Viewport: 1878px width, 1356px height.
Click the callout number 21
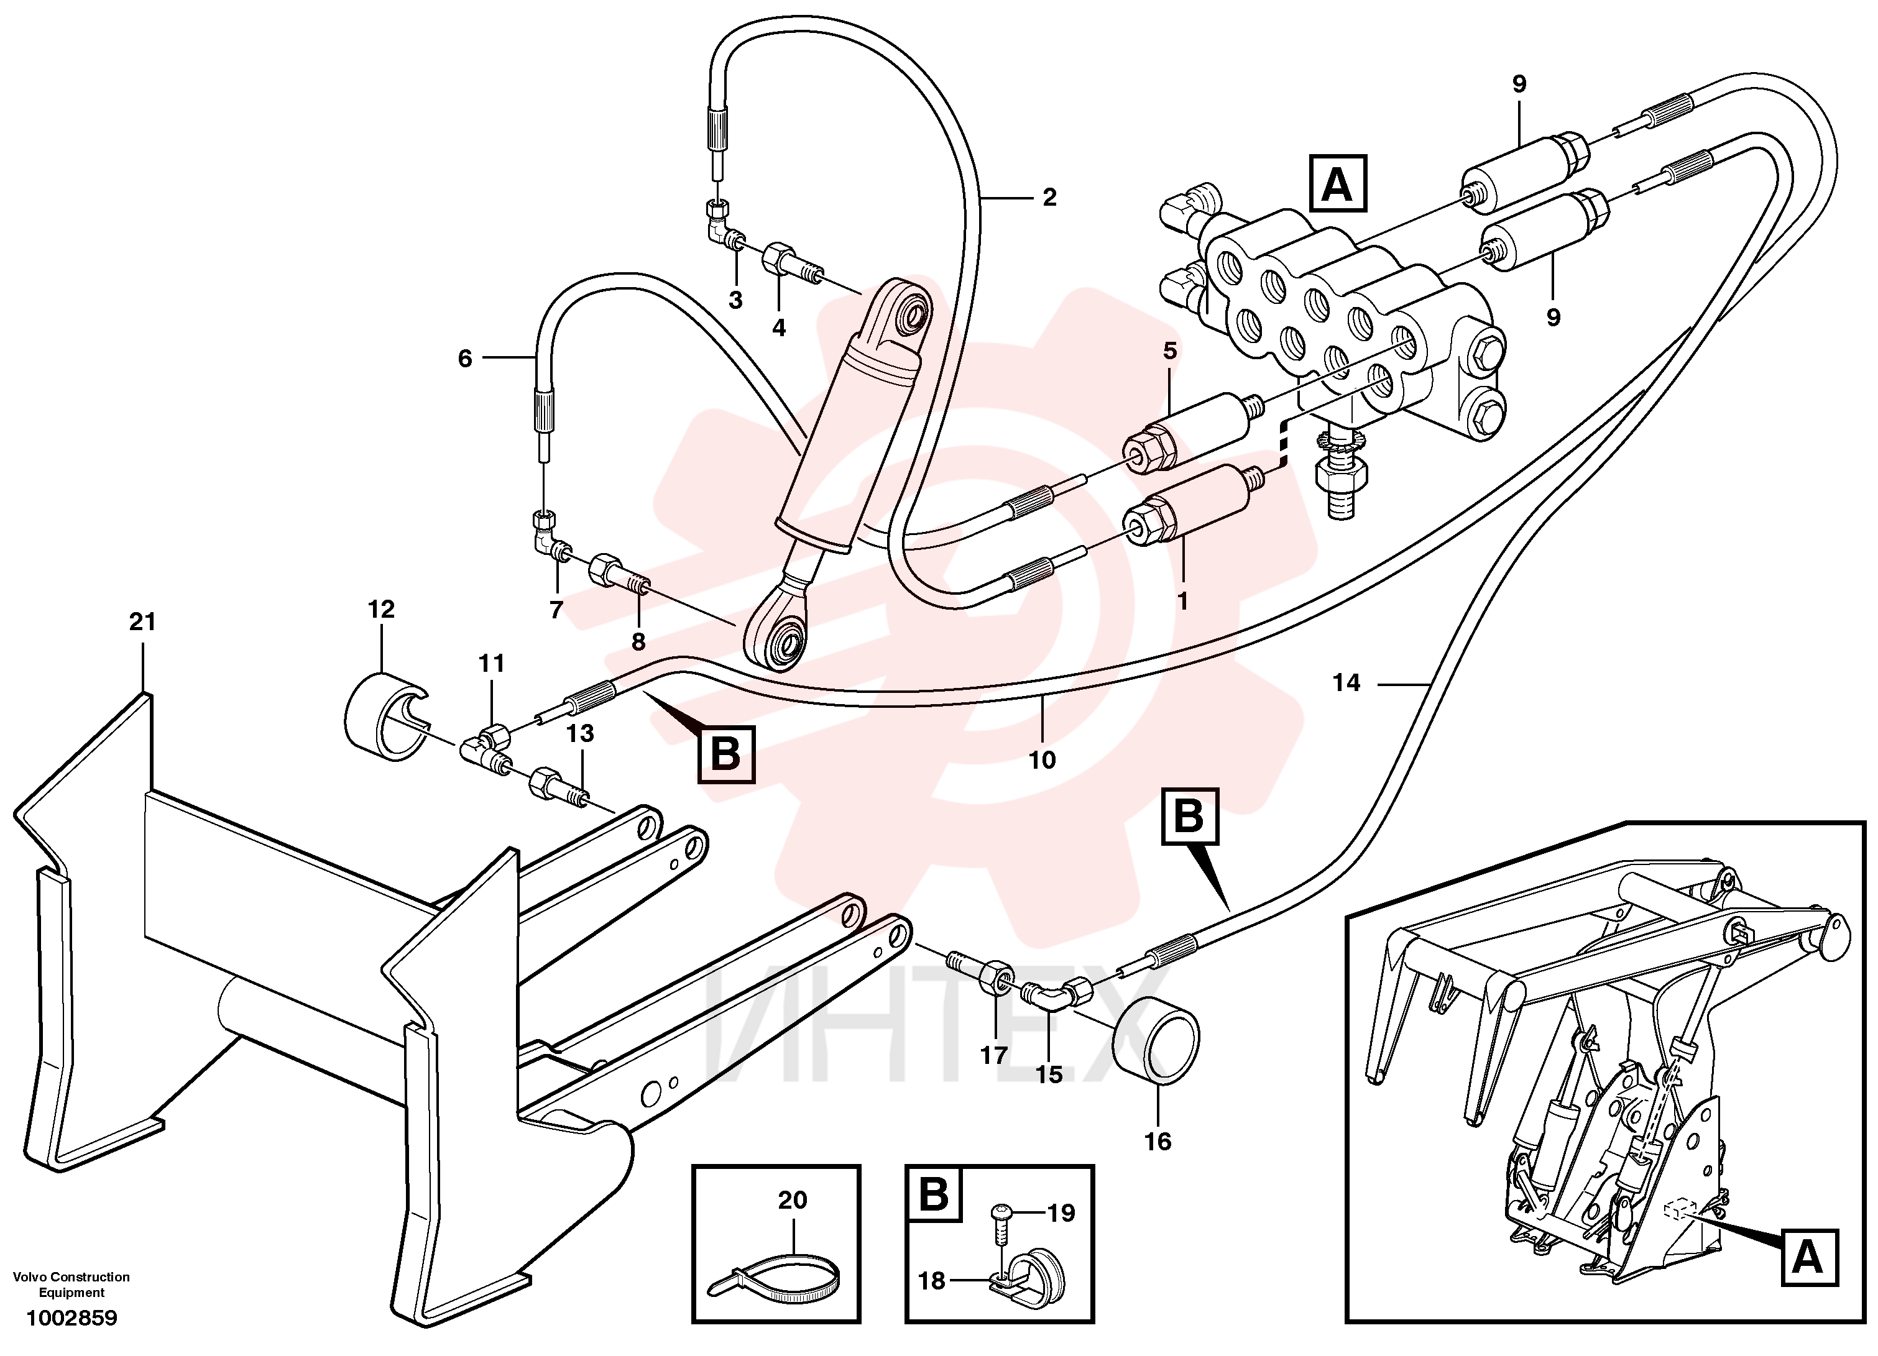(142, 621)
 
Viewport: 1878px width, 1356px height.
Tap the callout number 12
(381, 609)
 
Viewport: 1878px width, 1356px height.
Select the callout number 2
(1049, 198)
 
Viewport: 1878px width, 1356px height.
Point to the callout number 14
(1346, 683)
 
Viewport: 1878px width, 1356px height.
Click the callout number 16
(1158, 1142)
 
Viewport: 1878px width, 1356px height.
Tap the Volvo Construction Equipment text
(71, 1284)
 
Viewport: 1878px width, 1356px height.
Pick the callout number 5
(1169, 351)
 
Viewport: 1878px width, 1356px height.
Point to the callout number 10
(1043, 760)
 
